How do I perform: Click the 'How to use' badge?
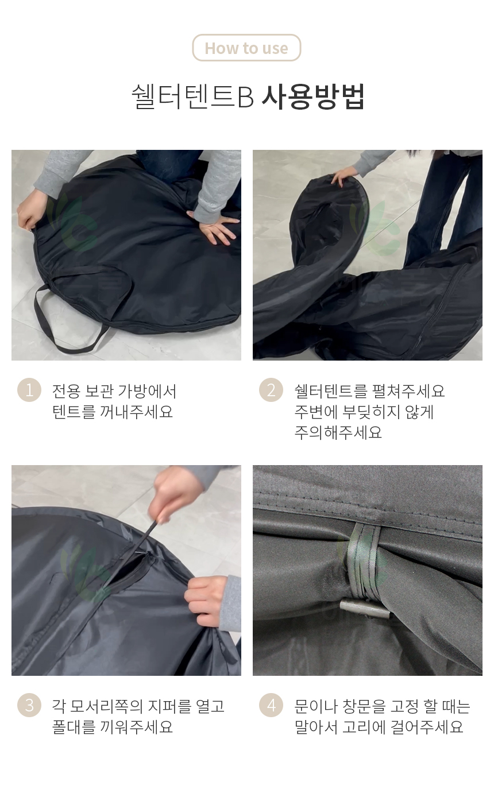click(246, 48)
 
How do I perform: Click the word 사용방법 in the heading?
click(313, 96)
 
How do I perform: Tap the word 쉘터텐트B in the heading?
click(193, 96)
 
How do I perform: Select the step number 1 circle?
click(29, 390)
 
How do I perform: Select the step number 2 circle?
click(271, 390)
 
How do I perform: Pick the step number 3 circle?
click(29, 705)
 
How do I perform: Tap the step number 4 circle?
click(271, 705)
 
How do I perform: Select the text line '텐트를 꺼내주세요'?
click(113, 412)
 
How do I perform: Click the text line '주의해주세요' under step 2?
click(338, 432)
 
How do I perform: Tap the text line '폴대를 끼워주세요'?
click(113, 726)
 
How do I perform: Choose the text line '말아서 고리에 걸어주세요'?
click(379, 726)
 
